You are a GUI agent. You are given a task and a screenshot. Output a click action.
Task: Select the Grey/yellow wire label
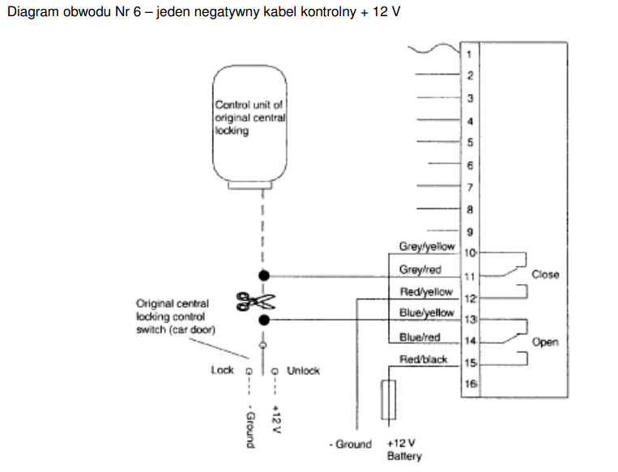427,247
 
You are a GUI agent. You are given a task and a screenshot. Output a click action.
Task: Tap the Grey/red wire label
420,270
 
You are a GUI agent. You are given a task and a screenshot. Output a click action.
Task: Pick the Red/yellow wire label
426,291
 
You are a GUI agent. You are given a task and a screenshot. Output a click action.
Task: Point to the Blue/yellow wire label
427,313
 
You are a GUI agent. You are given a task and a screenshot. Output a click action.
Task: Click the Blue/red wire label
420,337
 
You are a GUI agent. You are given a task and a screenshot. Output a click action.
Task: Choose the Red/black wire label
423,359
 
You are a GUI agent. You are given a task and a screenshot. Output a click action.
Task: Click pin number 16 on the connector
470,385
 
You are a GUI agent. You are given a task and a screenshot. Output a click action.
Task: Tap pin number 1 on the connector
470,54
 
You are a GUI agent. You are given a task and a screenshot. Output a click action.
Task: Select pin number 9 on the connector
470,231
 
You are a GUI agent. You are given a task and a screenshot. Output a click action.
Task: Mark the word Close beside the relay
545,274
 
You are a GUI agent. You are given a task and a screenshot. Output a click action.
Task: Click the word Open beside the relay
545,342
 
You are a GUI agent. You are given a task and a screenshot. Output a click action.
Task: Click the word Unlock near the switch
304,371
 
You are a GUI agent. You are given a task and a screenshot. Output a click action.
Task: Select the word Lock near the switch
222,371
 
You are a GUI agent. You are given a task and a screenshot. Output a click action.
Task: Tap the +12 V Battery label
403,450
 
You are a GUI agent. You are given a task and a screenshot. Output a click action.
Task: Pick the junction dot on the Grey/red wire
263,274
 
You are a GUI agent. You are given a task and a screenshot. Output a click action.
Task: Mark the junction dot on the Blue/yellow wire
263,320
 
